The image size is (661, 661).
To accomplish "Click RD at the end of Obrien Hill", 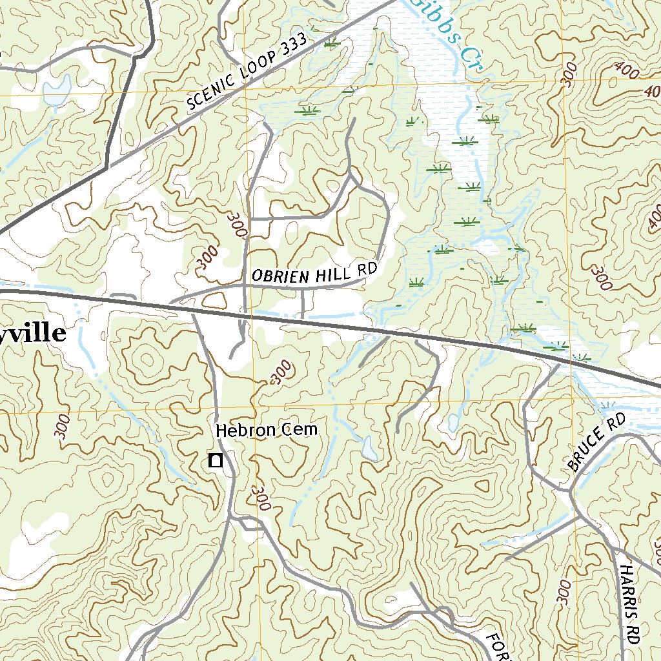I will pyautogui.click(x=365, y=270).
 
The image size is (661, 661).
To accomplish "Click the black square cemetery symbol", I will pyautogui.click(x=216, y=460).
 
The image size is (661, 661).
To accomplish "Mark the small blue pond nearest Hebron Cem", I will pyautogui.click(x=369, y=449).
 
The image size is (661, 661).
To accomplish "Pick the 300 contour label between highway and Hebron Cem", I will pyautogui.click(x=280, y=372).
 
